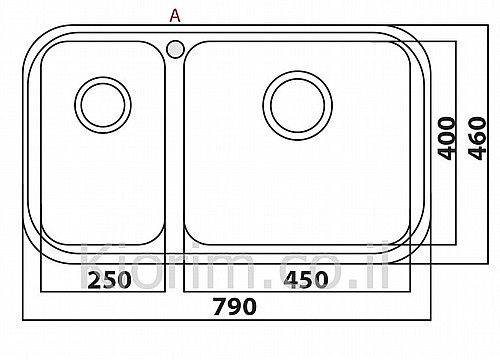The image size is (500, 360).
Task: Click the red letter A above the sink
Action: click(x=175, y=15)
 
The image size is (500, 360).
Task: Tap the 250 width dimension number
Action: click(x=109, y=280)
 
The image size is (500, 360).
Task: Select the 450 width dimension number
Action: click(x=306, y=279)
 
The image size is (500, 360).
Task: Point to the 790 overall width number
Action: click(x=235, y=306)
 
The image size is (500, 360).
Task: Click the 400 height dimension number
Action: click(x=446, y=138)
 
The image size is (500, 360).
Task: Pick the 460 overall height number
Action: click(x=477, y=138)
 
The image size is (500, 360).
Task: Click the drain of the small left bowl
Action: click(x=103, y=105)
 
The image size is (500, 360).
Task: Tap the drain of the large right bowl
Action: click(x=297, y=105)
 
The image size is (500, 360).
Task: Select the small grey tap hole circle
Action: click(x=175, y=49)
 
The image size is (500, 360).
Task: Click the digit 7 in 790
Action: click(x=220, y=307)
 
